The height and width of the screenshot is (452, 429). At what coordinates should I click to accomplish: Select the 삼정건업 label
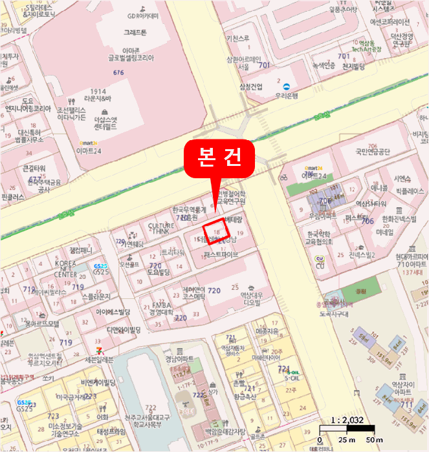250,86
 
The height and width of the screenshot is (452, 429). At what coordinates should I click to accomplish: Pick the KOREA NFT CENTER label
65,269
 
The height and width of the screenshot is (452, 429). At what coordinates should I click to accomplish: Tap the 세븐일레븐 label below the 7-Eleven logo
99,359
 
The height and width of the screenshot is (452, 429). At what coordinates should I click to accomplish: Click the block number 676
118,72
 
